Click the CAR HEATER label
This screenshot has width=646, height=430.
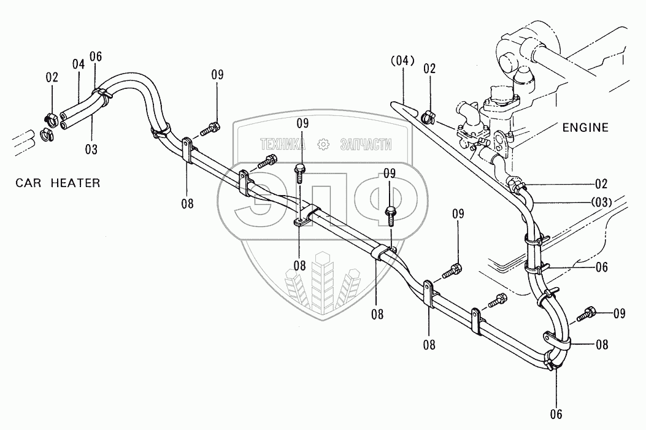[x=58, y=183]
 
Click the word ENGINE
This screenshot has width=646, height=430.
[x=585, y=128]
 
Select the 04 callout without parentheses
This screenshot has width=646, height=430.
[x=77, y=64]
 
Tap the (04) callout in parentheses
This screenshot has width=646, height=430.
[x=402, y=61]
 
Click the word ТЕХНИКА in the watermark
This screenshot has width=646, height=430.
[x=283, y=145]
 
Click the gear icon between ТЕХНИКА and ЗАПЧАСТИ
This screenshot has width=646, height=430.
[x=321, y=145]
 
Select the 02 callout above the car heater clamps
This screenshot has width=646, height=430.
[x=52, y=77]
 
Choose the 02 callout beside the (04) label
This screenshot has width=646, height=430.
[x=429, y=69]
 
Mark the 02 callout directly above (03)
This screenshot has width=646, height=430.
[x=601, y=184]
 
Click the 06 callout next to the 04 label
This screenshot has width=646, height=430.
[x=95, y=57]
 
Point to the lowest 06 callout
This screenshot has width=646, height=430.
[x=556, y=413]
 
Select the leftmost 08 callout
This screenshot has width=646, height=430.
[x=187, y=204]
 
